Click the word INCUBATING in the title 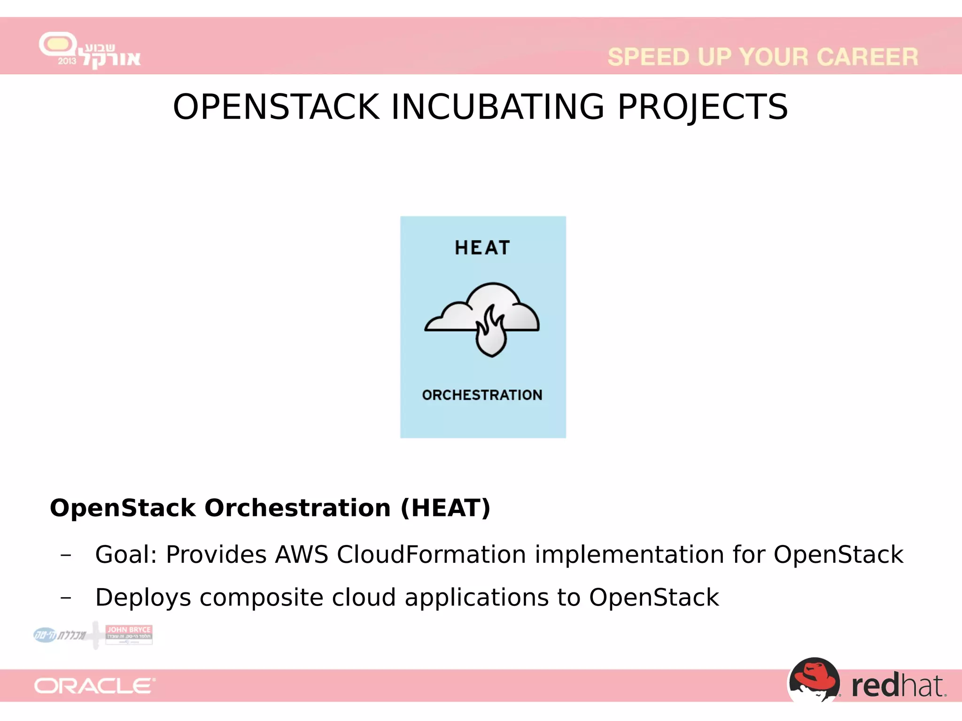(497, 107)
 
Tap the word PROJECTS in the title (702, 107)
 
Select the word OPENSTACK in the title (276, 107)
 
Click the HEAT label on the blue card (482, 248)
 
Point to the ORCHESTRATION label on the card (482, 395)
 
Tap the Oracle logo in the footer (94, 686)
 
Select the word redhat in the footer (898, 686)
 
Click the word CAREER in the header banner (867, 57)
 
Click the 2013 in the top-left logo (67, 61)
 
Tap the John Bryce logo (129, 634)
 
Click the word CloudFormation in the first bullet (431, 554)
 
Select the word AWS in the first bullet (302, 554)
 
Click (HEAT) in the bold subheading (445, 508)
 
